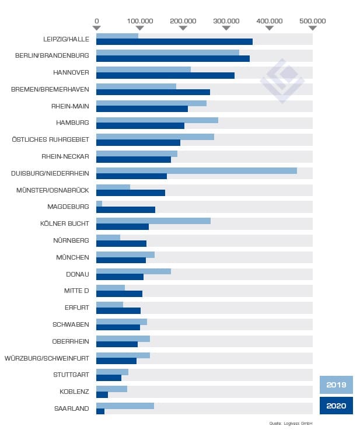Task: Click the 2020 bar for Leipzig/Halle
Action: [174, 41]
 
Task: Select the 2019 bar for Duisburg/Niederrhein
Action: [196, 170]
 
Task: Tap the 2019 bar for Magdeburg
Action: [99, 204]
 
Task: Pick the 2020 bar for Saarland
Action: [100, 411]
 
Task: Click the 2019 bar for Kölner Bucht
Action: [153, 221]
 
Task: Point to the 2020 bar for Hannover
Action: [165, 75]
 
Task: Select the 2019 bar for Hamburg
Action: [157, 120]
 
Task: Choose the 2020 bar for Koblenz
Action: [102, 394]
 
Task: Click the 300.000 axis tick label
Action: [226, 20]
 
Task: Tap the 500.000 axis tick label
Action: [313, 20]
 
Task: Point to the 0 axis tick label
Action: [96, 20]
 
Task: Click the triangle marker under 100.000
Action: [140, 27]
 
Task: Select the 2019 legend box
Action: [336, 385]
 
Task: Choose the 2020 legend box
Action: [336, 406]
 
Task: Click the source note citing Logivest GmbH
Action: [291, 423]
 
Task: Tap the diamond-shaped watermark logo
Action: [282, 81]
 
